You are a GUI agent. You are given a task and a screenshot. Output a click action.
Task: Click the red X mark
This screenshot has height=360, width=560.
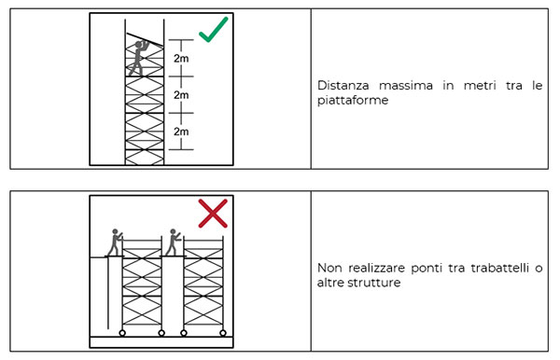click(x=213, y=215)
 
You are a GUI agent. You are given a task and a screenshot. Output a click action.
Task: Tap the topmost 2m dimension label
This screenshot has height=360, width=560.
click(x=181, y=59)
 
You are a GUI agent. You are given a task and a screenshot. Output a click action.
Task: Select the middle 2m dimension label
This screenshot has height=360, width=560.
click(x=181, y=95)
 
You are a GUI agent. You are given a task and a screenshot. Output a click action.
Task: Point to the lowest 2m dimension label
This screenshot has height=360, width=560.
click(x=181, y=132)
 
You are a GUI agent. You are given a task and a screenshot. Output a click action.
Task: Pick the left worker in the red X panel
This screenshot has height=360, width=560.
click(x=115, y=242)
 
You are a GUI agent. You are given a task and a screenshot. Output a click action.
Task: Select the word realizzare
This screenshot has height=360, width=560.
click(x=376, y=267)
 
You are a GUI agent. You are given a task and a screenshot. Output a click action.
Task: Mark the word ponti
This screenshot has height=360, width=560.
click(x=430, y=267)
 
